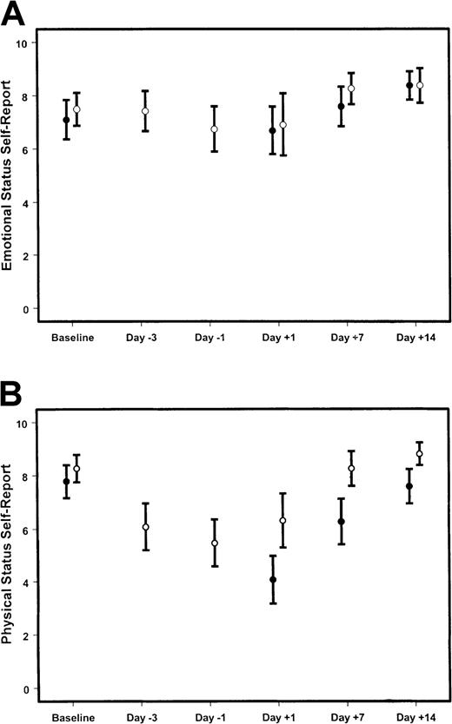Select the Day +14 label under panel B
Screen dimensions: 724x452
pos(415,715)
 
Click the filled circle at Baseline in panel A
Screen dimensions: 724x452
pos(66,120)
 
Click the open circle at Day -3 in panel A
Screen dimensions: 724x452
pos(145,111)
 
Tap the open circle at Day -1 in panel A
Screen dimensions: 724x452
pos(214,128)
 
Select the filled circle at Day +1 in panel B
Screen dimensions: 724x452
pos(273,580)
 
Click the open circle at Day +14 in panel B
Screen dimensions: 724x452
pos(419,453)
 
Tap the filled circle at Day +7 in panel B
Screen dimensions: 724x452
pos(342,522)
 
